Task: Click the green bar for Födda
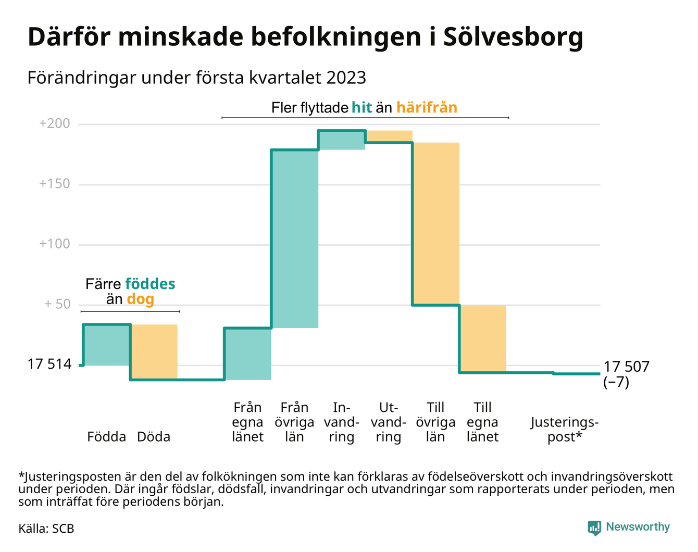pos(107,345)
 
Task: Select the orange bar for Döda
pos(154,352)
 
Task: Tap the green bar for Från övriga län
pos(294,239)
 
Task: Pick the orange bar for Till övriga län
pos(436,223)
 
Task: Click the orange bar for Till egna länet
pos(483,338)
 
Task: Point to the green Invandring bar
pos(342,140)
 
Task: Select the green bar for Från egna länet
pos(247,354)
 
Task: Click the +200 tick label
pos(54,124)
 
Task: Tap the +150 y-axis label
pos(54,184)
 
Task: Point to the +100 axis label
pos(54,244)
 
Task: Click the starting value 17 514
pos(49,365)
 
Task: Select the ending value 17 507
pos(627,367)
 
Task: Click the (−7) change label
pos(616,382)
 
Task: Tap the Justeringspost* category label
pos(565,429)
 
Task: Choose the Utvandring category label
pos(389,422)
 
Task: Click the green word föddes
pos(150,284)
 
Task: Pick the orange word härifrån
pos(427,108)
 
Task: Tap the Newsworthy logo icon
pos(594,528)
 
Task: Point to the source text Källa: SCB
pos(46,529)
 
